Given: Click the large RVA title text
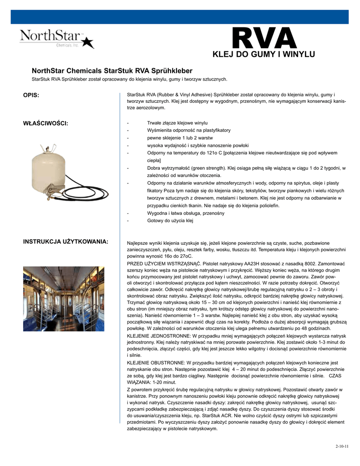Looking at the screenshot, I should [x=264, y=38].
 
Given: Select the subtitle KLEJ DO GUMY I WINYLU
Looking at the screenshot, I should [x=264, y=55].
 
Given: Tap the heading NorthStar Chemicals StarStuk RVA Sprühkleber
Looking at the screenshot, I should [x=112, y=71].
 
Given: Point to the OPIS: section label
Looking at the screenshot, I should [x=31, y=95].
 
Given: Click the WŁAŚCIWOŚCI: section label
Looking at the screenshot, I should [x=46, y=123].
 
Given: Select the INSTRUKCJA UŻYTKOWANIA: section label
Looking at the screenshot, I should [x=66, y=241].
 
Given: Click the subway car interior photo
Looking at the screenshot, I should [x=64, y=298].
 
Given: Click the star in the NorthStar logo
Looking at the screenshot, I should [x=88, y=42].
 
